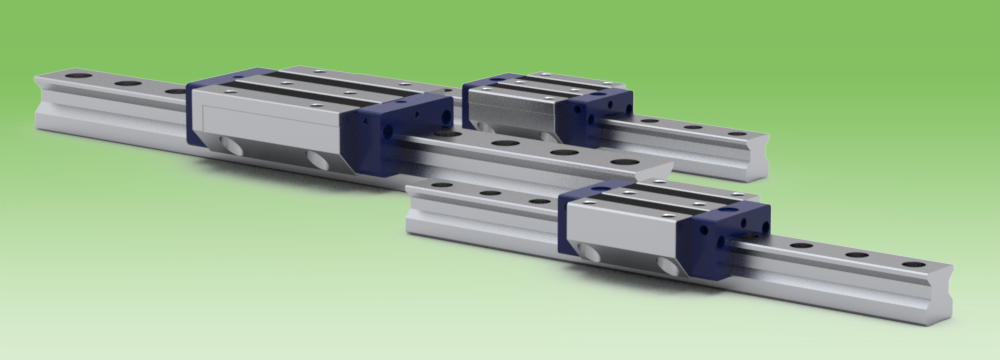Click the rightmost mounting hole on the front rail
coord(913,264)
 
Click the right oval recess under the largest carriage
coord(318,159)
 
